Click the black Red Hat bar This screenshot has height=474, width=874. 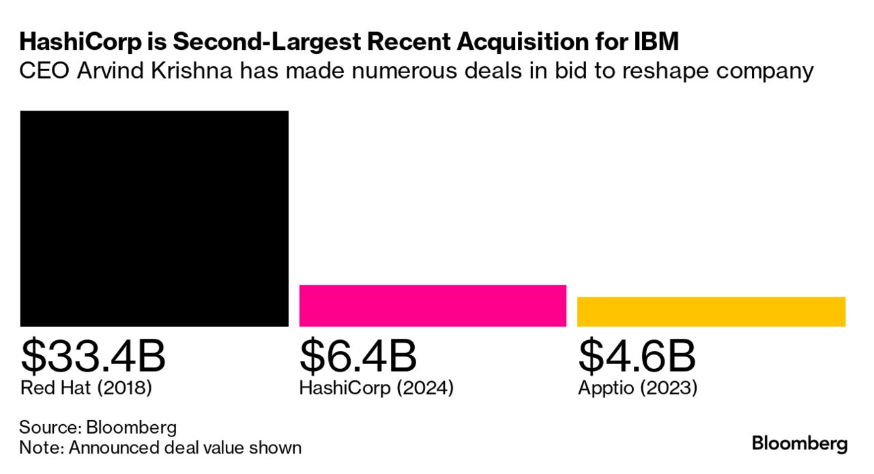click(154, 219)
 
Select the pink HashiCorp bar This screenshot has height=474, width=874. click(433, 305)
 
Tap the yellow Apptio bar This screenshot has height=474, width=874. click(711, 311)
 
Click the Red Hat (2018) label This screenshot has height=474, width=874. click(86, 389)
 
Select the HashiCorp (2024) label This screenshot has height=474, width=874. click(376, 389)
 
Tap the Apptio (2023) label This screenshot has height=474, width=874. click(637, 389)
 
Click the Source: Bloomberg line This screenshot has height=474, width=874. click(98, 428)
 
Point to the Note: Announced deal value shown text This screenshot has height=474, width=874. click(160, 448)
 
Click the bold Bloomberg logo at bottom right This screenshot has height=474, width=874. click(800, 444)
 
